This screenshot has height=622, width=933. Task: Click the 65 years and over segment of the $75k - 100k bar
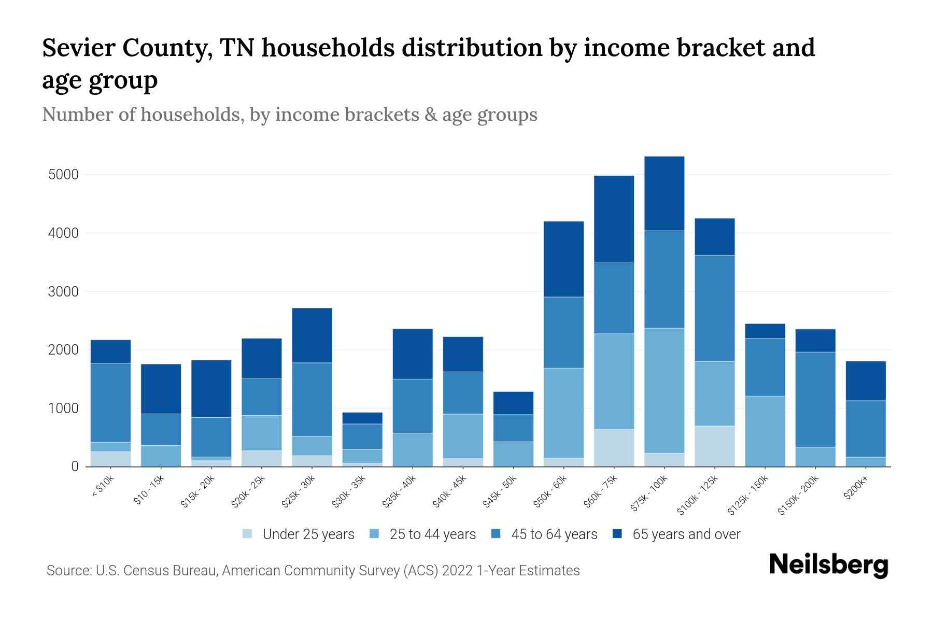[x=664, y=193]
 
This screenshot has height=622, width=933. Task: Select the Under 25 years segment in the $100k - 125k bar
[x=714, y=446]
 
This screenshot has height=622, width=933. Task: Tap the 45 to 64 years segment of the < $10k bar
[x=110, y=402]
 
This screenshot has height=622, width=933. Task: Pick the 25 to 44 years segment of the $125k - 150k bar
[x=765, y=431]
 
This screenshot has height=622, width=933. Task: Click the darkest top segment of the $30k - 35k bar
[x=362, y=418]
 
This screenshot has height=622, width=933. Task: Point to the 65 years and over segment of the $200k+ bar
[x=865, y=380]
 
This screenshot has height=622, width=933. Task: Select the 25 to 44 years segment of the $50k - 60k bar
[x=563, y=413]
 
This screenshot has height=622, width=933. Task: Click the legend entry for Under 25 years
[x=308, y=534]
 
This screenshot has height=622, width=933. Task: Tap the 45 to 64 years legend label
[x=554, y=534]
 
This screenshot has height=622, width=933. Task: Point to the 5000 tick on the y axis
[x=63, y=175]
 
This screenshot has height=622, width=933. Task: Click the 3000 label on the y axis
[x=63, y=292]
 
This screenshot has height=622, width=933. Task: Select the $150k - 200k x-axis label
[x=799, y=496]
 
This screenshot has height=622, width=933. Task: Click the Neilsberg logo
[x=828, y=565]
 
